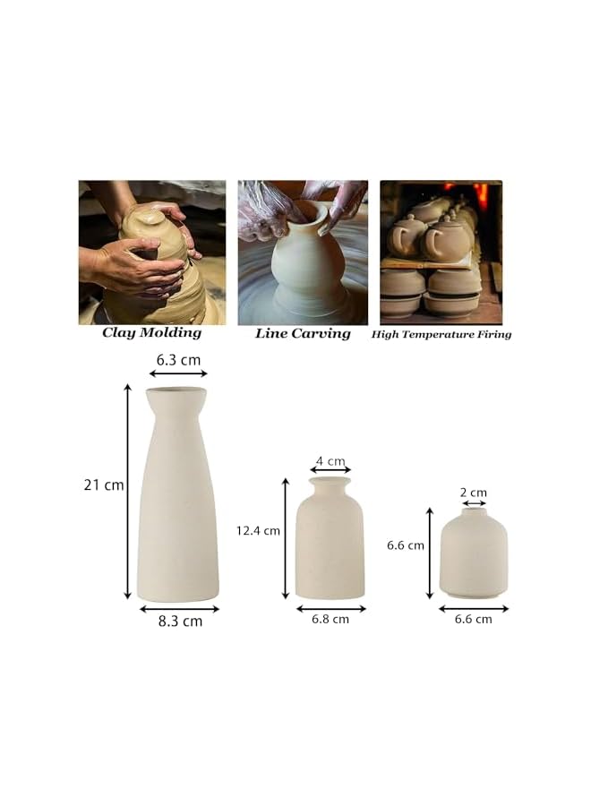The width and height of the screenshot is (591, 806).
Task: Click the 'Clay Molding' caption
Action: [151, 333]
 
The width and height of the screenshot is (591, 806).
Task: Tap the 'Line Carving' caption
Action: [303, 333]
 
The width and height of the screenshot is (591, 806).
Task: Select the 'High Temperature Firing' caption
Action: [441, 334]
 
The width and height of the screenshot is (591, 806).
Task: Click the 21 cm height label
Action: [103, 485]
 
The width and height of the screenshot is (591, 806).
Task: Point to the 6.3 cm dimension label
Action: [178, 359]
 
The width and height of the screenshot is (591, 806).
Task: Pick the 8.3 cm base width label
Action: [180, 621]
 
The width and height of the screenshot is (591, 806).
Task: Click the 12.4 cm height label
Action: [258, 530]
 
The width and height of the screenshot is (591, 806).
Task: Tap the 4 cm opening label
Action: [330, 461]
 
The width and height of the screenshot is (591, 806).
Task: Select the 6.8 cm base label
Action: [330, 619]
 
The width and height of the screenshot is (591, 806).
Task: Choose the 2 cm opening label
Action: [473, 493]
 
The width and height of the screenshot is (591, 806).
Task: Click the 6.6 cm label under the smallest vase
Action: [473, 619]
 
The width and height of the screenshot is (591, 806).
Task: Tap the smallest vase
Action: [473, 555]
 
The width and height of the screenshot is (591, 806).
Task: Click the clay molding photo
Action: [151, 253]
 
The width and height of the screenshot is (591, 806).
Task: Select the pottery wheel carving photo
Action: [303, 253]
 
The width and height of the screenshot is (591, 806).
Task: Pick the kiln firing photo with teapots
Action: [441, 253]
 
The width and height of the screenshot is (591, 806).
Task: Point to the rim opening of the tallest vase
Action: [177, 391]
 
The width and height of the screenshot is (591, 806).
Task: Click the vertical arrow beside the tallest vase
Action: [128, 493]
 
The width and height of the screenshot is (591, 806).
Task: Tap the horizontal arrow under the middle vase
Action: [330, 608]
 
